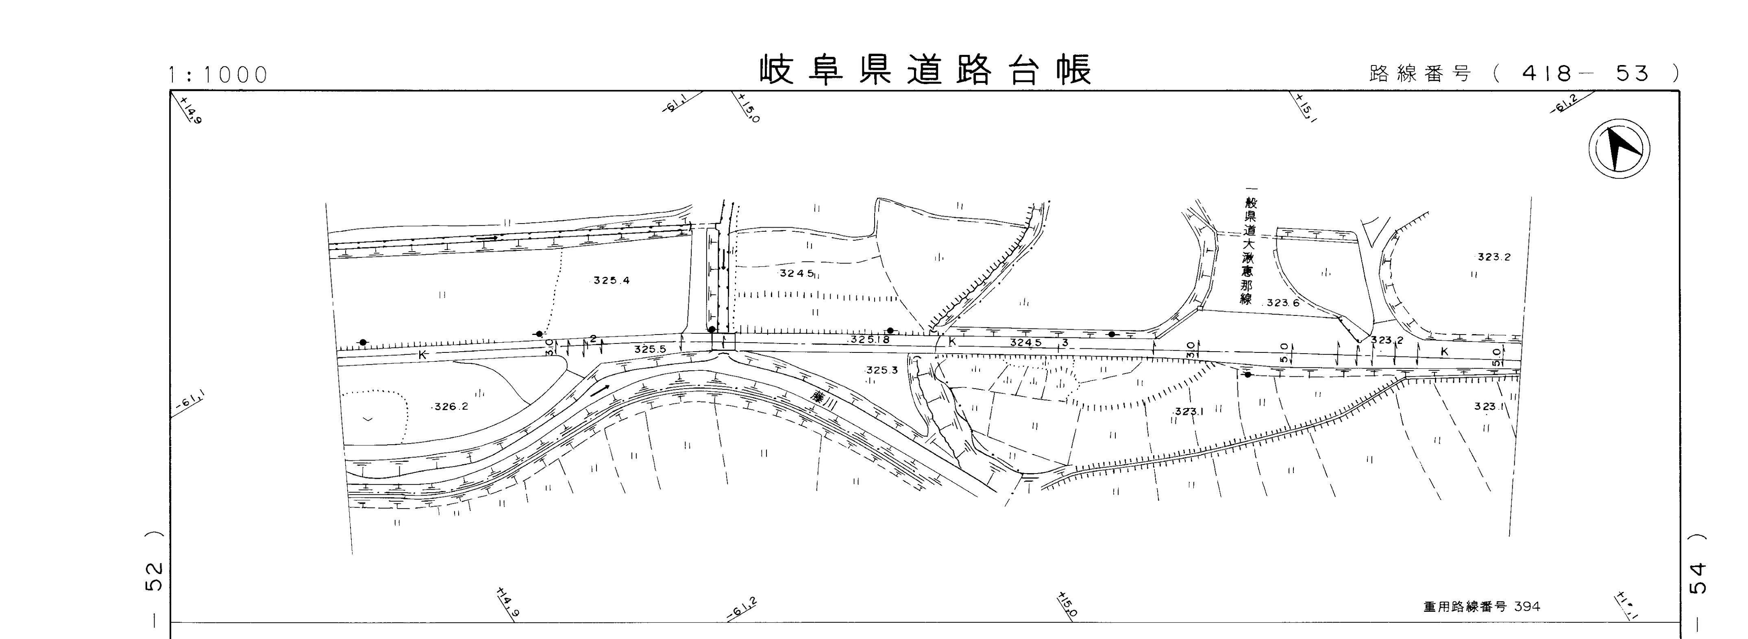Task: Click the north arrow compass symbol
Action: pyautogui.click(x=1620, y=148)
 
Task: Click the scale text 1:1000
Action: pyautogui.click(x=218, y=75)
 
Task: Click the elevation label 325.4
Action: pyautogui.click(x=612, y=280)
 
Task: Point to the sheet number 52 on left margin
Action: pyautogui.click(x=155, y=576)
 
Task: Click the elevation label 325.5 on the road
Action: pyautogui.click(x=650, y=349)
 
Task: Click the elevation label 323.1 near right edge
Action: pyautogui.click(x=1489, y=406)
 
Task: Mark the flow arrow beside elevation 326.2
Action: pyautogui.click(x=599, y=390)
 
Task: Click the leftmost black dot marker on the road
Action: pyautogui.click(x=363, y=342)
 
